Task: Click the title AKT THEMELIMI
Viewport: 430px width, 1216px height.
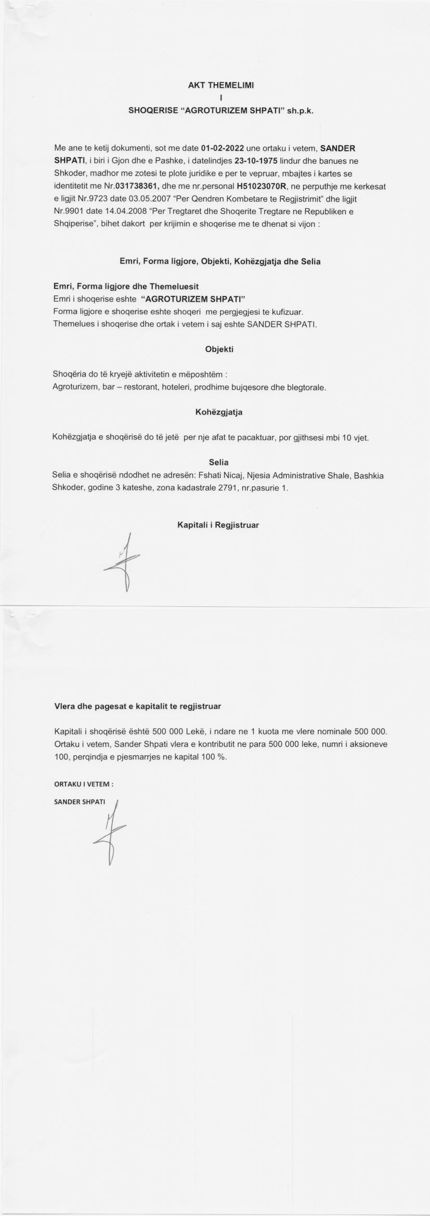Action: pyautogui.click(x=220, y=85)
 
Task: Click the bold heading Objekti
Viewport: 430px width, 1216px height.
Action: pyautogui.click(x=219, y=349)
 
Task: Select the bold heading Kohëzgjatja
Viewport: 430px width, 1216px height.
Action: pyautogui.click(x=219, y=412)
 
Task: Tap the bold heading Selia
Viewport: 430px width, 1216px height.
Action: pyautogui.click(x=218, y=462)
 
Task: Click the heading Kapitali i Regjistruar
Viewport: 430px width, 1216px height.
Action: pyautogui.click(x=218, y=525)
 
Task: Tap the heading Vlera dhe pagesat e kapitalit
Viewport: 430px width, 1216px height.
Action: pyautogui.click(x=138, y=706)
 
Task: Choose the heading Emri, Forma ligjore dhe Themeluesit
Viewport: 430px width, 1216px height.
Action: pyautogui.click(x=126, y=287)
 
